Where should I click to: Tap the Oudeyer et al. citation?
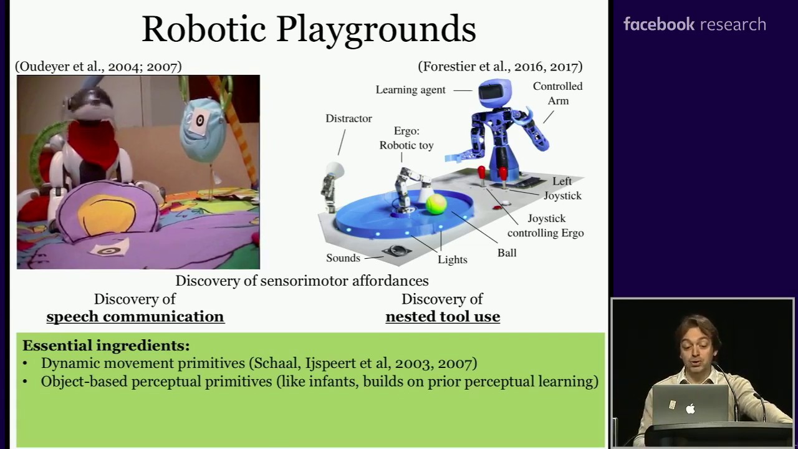pos(99,67)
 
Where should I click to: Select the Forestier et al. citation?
pos(500,67)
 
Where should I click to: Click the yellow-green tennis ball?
pos(436,204)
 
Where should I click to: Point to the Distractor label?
pos(349,118)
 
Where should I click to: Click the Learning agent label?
pos(410,90)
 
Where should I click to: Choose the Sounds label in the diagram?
pos(343,258)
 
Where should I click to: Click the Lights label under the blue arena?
pos(453,259)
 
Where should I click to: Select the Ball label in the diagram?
pos(507,253)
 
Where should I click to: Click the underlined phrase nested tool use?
pos(443,317)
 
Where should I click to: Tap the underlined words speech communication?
pos(135,317)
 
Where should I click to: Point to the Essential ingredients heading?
pos(106,345)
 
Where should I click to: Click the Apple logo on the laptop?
pos(690,408)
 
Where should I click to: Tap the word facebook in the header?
pos(659,24)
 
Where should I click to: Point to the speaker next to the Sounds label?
pos(396,251)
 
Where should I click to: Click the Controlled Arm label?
pos(558,94)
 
